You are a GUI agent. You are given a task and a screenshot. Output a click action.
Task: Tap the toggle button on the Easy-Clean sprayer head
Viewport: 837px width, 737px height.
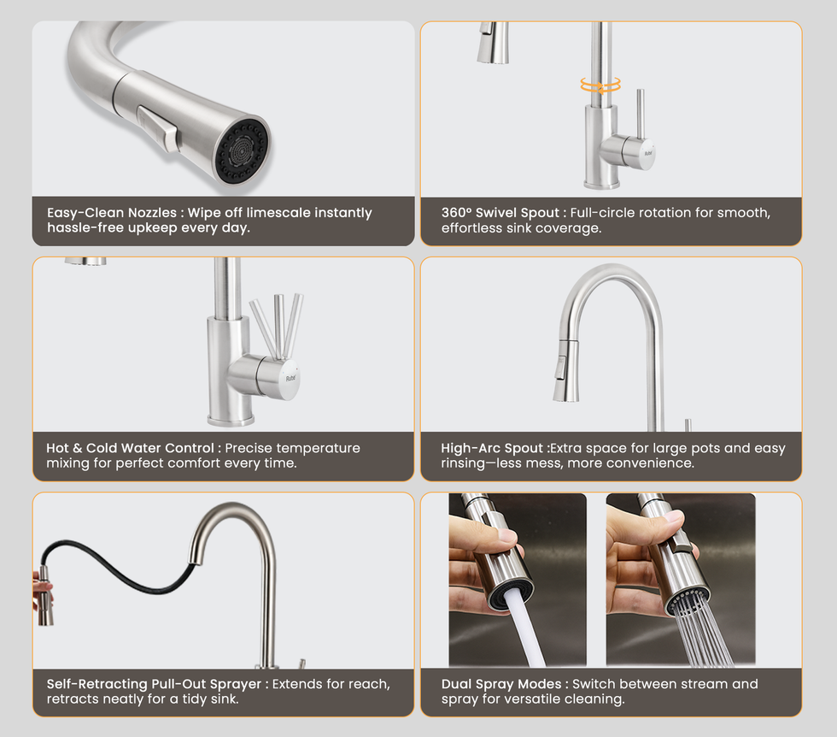pos(157,128)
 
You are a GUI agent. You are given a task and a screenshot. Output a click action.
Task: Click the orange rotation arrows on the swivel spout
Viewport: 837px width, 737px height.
pos(600,85)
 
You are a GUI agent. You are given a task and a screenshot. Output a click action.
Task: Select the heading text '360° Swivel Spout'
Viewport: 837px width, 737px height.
pos(500,213)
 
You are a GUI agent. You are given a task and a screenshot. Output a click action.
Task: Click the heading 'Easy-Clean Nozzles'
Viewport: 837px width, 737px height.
pos(112,213)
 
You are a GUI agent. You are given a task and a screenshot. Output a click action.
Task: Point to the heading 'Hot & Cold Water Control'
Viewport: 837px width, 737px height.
pos(130,448)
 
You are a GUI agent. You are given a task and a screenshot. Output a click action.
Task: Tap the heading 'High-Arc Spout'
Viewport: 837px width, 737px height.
pos(492,448)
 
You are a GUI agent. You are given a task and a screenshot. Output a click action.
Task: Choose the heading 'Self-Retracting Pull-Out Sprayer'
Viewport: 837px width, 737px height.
pos(154,684)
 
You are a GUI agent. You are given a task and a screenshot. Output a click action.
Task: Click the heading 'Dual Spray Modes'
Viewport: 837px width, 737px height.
pos(501,684)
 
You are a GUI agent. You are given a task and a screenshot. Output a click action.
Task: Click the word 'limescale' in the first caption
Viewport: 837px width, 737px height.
pos(278,213)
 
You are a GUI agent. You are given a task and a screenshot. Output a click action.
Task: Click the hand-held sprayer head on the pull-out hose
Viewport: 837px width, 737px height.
pos(45,595)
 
